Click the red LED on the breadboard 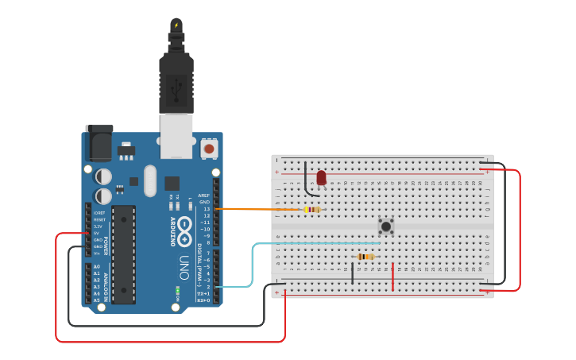[321, 177]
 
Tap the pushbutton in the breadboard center [386, 226]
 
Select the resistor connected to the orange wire [312, 210]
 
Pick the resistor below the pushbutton [365, 257]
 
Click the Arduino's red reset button [209, 148]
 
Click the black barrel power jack [99, 144]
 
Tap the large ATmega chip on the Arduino [123, 254]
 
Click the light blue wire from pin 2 [253, 266]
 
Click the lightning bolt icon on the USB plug [176, 25]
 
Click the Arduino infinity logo [184, 231]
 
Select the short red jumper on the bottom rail [392, 276]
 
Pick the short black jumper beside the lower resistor [353, 273]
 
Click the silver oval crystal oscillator [150, 180]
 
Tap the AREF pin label [204, 195]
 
